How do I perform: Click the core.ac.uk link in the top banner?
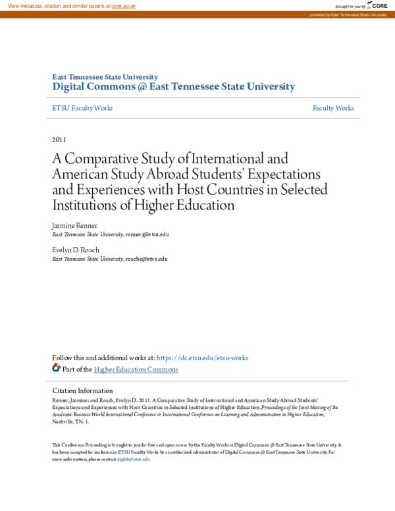(x=123, y=5)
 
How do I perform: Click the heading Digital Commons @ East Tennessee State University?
(x=174, y=86)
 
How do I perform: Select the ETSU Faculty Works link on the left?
(x=82, y=108)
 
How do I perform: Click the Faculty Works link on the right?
(x=333, y=108)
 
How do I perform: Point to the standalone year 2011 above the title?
(x=59, y=140)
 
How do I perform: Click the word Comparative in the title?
(x=99, y=159)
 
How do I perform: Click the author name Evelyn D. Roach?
(x=76, y=250)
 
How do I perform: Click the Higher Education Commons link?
(x=136, y=369)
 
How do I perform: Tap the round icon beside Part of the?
(x=56, y=368)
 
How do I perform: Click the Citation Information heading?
(x=82, y=390)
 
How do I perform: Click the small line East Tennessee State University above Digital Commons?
(x=105, y=77)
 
